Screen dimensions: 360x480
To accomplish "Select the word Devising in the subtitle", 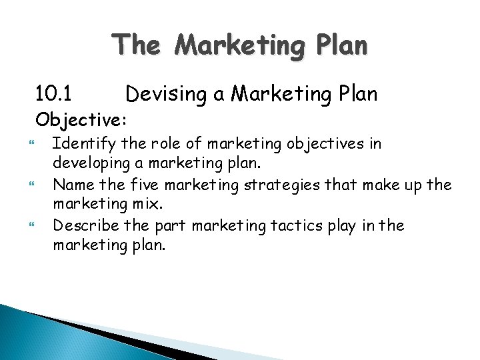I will point(167,95).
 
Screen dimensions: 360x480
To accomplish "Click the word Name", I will point(70,185).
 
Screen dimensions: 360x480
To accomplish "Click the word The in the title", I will point(136,45).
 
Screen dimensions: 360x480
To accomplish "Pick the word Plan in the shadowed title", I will point(337,45).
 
